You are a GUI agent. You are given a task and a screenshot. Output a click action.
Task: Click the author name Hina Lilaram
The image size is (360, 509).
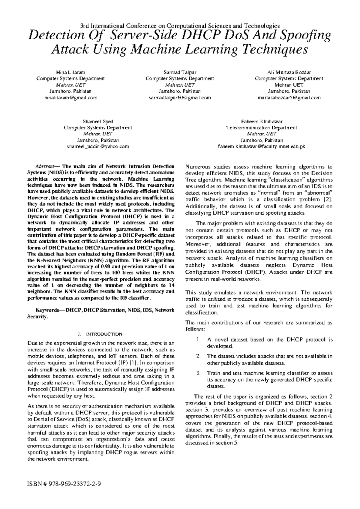tap(70, 72)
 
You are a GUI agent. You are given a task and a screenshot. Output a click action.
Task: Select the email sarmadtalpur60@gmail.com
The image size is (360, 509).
tap(180, 98)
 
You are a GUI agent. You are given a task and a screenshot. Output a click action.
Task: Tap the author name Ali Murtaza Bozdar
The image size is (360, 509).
tap(289, 72)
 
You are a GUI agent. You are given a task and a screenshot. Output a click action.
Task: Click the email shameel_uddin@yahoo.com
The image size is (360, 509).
tap(98, 146)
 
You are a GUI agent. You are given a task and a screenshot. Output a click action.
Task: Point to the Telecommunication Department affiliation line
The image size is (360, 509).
tap(261, 128)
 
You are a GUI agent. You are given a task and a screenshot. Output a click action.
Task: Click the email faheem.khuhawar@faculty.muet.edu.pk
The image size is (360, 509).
tap(261, 146)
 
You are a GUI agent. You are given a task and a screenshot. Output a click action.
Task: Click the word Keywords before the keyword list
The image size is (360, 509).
tap(46, 310)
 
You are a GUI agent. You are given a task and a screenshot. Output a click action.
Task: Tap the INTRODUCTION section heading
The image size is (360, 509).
tap(104, 334)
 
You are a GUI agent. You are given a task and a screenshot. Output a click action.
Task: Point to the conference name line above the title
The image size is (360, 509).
tap(180, 26)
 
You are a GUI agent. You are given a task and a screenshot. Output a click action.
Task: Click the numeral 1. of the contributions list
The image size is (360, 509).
tap(198, 340)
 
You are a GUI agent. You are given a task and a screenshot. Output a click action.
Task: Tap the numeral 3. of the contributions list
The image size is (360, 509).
tap(198, 373)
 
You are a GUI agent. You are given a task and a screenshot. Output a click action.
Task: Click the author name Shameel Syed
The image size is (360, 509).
tap(98, 122)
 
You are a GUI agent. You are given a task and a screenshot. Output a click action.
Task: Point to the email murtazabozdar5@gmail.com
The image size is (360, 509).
tap(289, 98)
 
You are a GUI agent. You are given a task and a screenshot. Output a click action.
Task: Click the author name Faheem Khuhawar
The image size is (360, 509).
tap(261, 122)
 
